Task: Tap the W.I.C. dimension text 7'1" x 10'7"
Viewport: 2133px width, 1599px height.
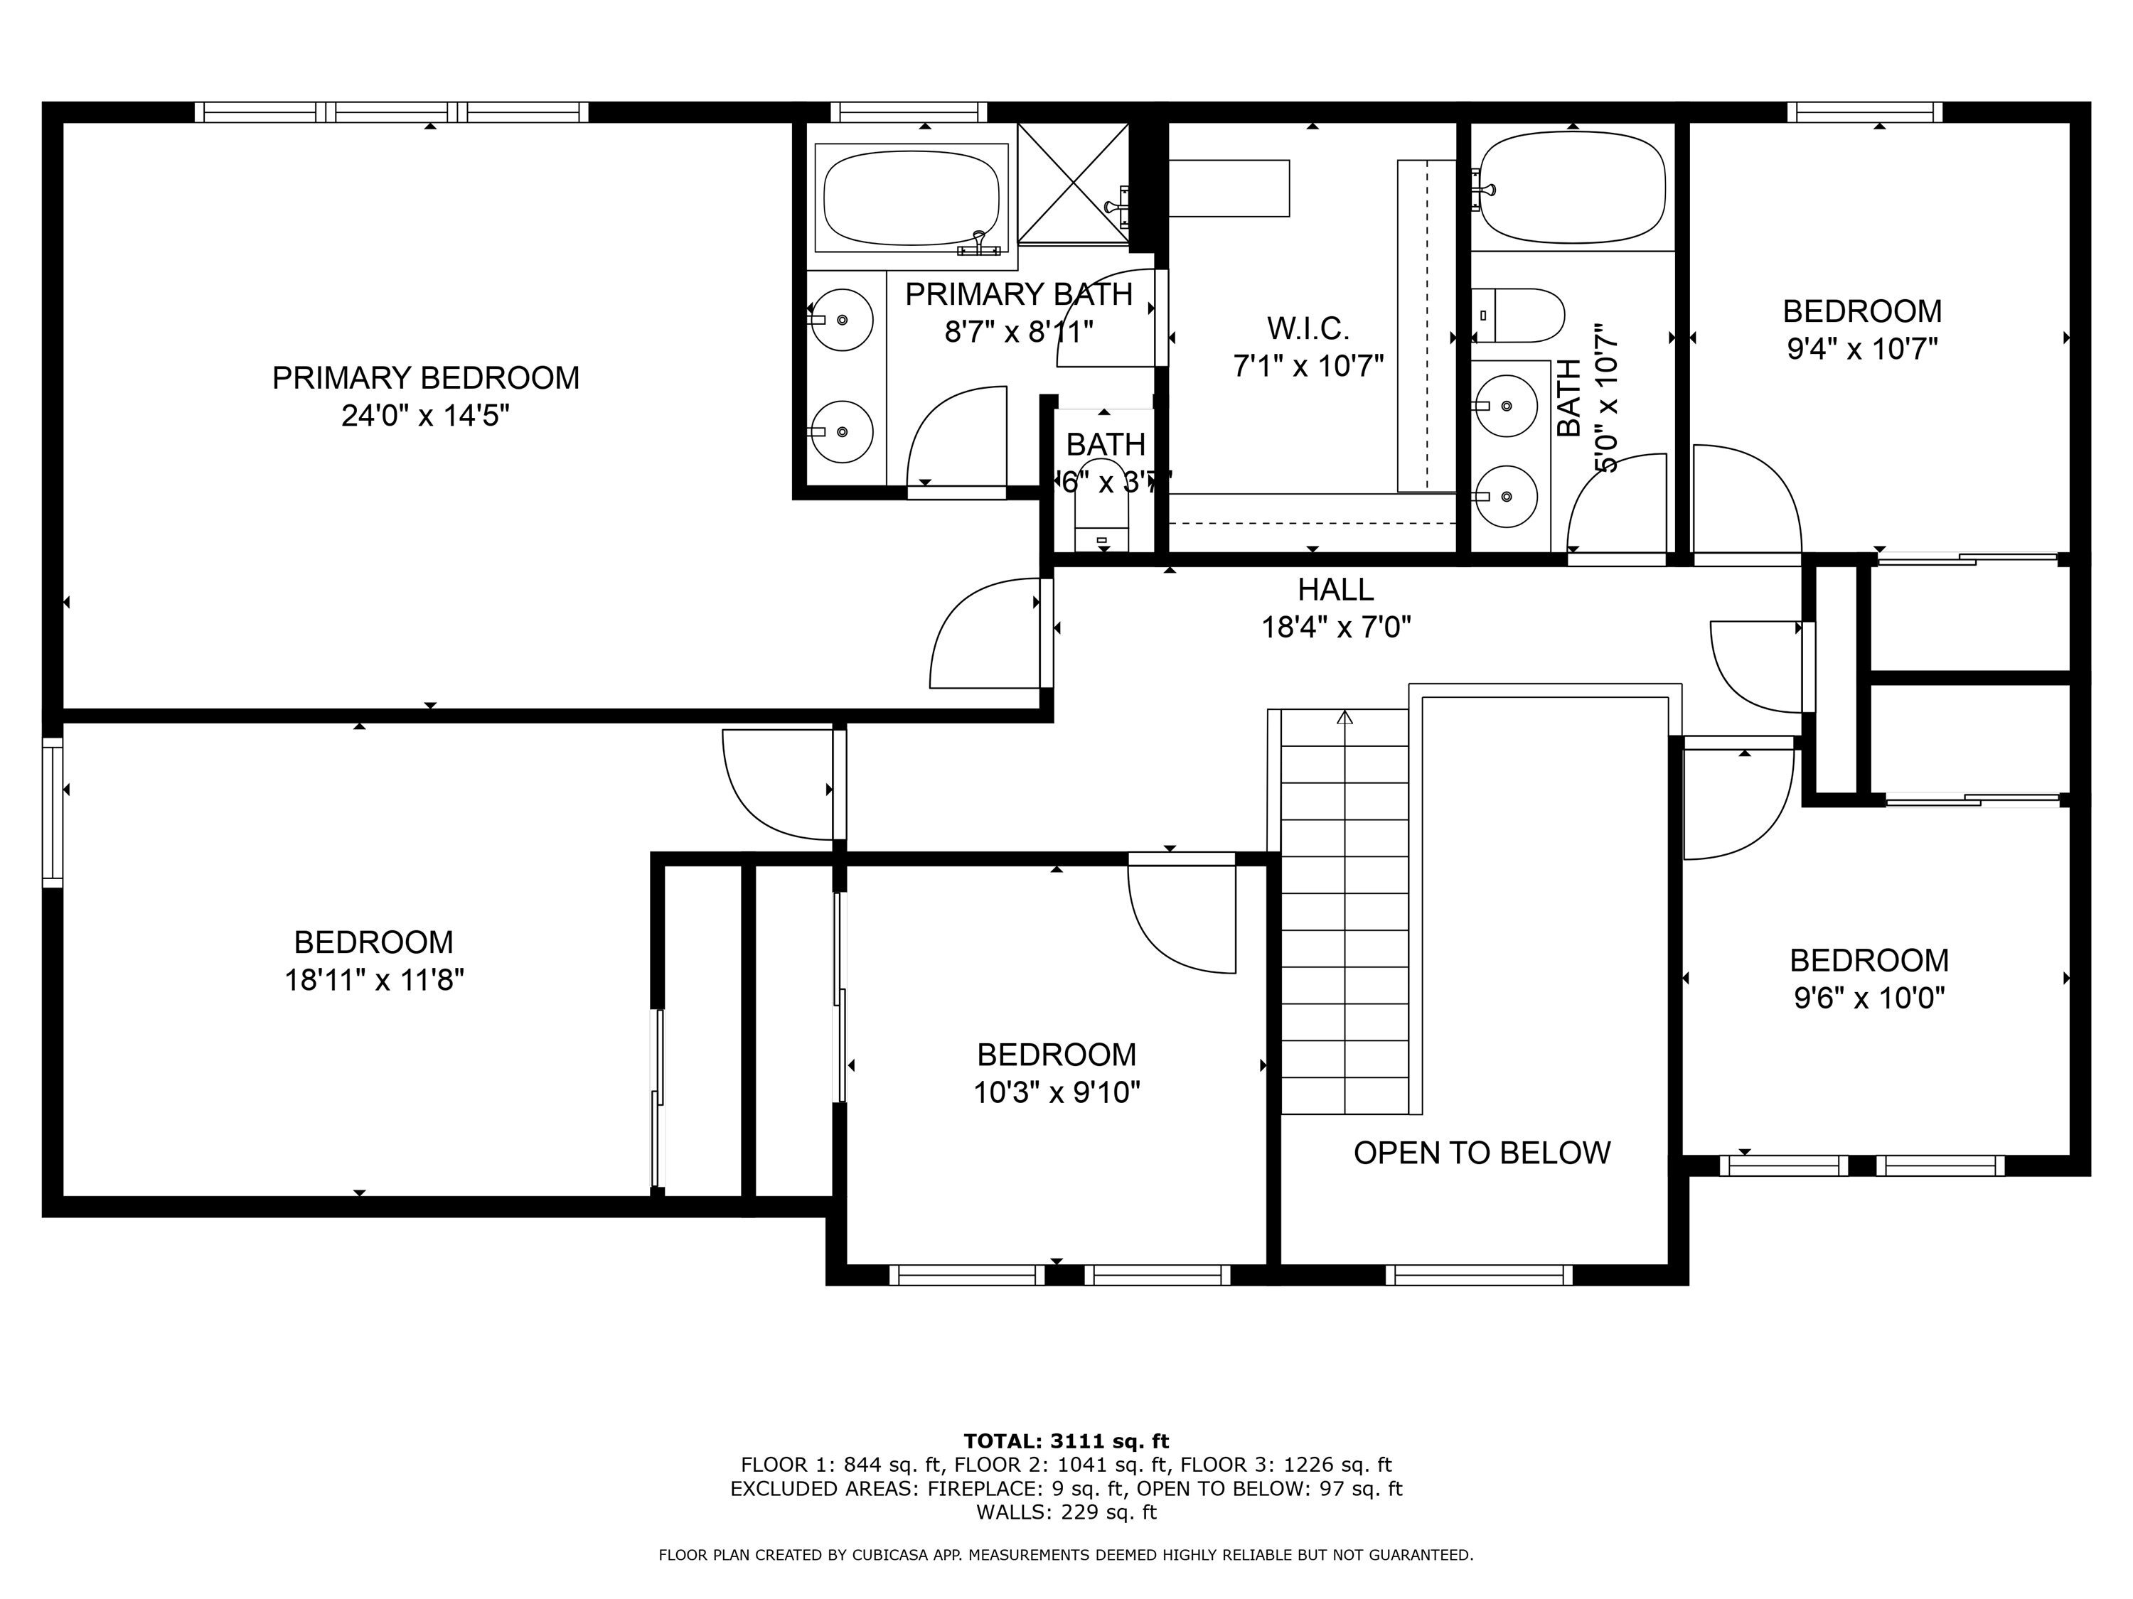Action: (x=1308, y=366)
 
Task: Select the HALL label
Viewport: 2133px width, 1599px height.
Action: (x=1335, y=589)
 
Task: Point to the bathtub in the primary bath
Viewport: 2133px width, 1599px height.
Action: (x=912, y=198)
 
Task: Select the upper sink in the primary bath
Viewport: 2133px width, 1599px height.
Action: (x=843, y=319)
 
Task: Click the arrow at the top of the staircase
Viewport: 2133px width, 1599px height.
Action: (x=1345, y=717)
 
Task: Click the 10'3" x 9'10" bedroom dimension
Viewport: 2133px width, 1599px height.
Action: (x=1057, y=1092)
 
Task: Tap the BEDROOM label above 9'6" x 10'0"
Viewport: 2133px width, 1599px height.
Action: (x=1868, y=960)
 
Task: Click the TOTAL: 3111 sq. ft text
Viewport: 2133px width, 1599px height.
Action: (x=1066, y=1441)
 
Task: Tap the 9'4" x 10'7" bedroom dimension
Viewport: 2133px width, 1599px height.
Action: (x=1862, y=348)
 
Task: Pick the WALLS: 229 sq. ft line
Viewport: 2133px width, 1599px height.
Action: (x=1066, y=1512)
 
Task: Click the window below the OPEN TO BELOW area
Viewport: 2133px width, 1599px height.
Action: (x=1478, y=1275)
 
